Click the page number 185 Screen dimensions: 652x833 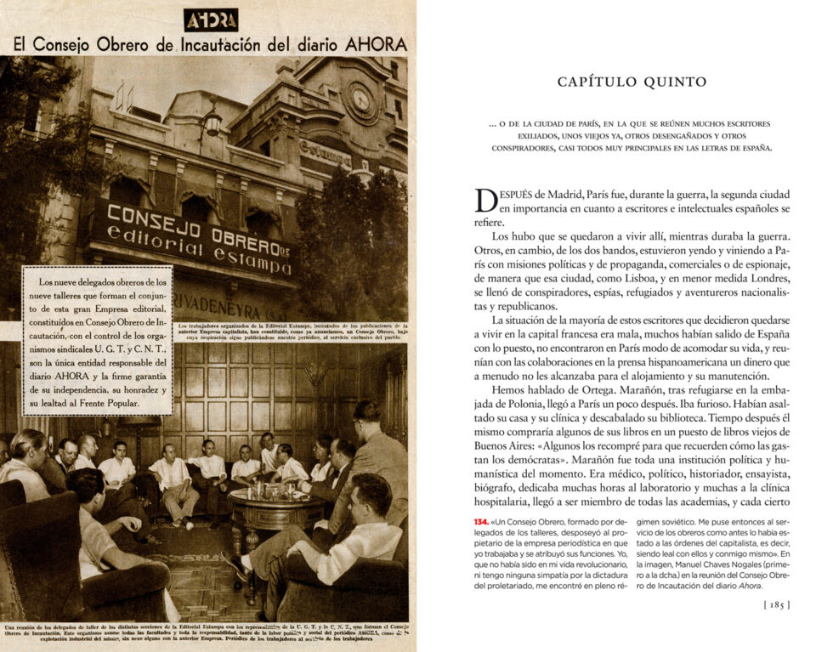[778, 604]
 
